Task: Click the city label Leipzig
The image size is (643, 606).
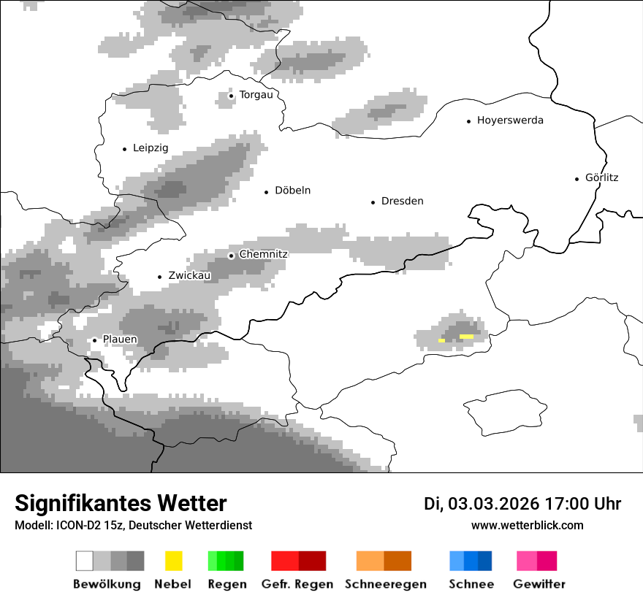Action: click(x=151, y=148)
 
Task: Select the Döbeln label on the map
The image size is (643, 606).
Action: click(x=292, y=191)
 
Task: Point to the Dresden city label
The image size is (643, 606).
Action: click(x=402, y=202)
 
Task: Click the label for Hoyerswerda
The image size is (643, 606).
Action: click(x=510, y=120)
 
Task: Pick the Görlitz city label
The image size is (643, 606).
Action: click(x=601, y=177)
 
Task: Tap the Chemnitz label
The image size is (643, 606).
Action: click(x=263, y=254)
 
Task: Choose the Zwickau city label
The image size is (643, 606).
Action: click(x=189, y=276)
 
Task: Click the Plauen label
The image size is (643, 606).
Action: click(x=120, y=340)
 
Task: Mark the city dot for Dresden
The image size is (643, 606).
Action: click(x=373, y=202)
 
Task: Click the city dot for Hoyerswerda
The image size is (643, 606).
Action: click(x=468, y=121)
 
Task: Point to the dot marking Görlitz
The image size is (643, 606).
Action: click(x=577, y=178)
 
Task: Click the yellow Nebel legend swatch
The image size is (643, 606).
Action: click(x=173, y=561)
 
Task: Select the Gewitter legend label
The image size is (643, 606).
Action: click(x=539, y=584)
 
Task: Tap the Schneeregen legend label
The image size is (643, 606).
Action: click(x=385, y=584)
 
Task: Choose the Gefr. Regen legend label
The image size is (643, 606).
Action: click(x=297, y=584)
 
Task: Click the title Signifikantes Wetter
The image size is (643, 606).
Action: click(x=121, y=503)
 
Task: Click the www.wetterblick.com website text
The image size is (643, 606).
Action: click(x=527, y=525)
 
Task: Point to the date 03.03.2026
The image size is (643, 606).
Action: click(x=493, y=504)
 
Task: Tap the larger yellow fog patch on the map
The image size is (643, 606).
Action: click(x=466, y=337)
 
